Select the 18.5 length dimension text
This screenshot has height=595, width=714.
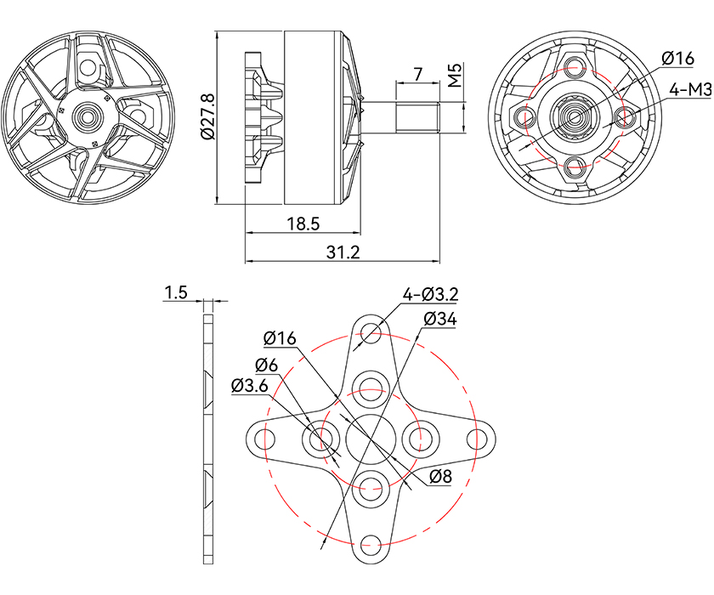(x=303, y=224)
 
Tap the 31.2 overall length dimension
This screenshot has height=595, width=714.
(x=343, y=252)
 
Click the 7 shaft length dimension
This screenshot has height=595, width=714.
(x=417, y=74)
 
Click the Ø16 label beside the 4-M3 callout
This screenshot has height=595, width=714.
(x=677, y=58)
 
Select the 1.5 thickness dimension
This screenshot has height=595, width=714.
(x=176, y=292)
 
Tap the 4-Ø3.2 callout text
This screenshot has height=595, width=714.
(x=431, y=294)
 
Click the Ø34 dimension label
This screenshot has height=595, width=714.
(x=439, y=319)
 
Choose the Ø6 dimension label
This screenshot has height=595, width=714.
(x=267, y=365)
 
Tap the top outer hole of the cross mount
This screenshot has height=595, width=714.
(x=370, y=333)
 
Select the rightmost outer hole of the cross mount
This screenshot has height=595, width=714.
(x=475, y=439)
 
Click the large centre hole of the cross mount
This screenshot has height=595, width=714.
(x=369, y=439)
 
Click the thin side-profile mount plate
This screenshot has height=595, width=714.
(x=207, y=439)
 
